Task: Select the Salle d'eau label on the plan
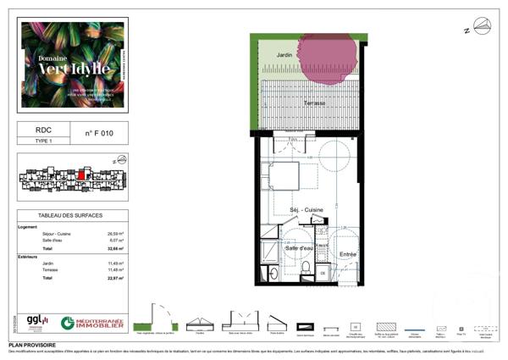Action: click(295, 247)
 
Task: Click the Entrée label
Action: click(347, 254)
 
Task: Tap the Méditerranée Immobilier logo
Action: click(92, 323)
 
